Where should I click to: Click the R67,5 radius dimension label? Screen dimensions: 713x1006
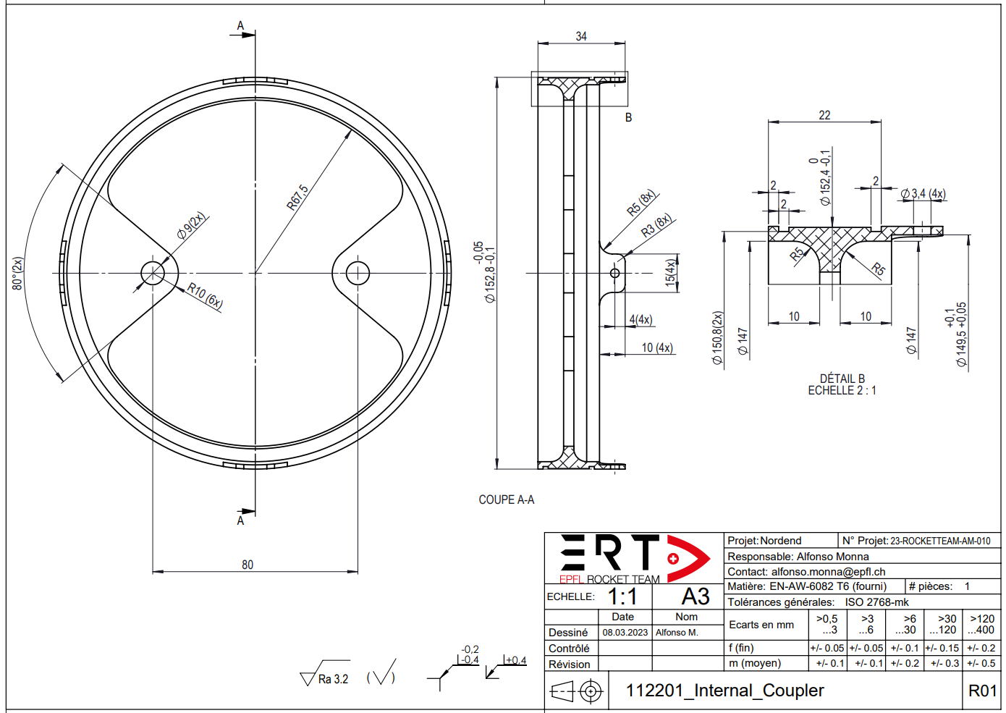coord(297,198)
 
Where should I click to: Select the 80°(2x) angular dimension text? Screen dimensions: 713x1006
coord(18,274)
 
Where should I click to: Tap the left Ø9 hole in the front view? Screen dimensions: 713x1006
coord(153,274)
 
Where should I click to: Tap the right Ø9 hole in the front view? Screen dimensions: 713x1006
coord(358,274)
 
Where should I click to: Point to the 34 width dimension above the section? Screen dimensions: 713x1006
coord(581,36)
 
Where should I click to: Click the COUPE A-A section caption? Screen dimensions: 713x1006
coord(506,499)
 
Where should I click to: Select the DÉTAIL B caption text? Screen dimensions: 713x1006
coord(842,379)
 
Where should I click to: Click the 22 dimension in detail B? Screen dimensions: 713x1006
coord(824,115)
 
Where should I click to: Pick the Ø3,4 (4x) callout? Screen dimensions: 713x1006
coord(923,193)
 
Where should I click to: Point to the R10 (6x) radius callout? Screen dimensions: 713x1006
coord(205,295)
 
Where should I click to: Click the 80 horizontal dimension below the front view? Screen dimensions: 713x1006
coord(248,565)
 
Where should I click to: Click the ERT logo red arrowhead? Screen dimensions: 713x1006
coord(688,558)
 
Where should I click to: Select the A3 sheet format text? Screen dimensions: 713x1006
coord(695,596)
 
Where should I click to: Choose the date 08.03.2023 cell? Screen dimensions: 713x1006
coord(625,633)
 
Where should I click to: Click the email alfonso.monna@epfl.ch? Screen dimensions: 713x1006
coord(828,572)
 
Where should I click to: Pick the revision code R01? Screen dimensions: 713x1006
coord(982,691)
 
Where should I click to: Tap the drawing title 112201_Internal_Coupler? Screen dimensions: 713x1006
coord(724,691)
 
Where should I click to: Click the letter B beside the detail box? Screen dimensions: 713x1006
coord(628,117)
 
